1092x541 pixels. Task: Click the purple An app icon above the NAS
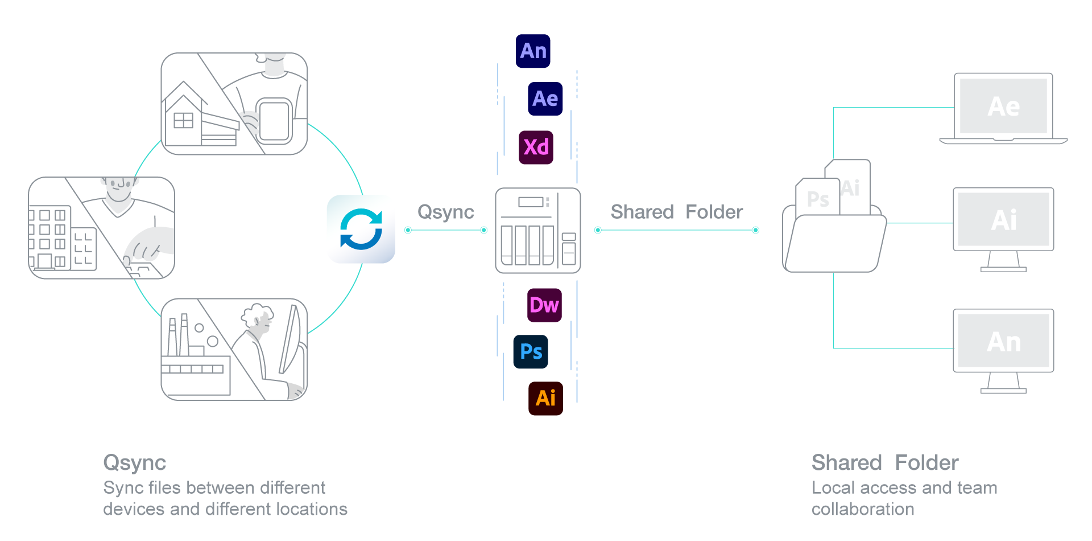[x=533, y=51]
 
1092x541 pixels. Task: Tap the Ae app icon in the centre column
[x=545, y=99]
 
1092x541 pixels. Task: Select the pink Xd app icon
[x=536, y=147]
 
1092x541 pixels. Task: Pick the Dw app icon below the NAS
[x=544, y=305]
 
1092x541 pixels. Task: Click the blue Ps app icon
[x=531, y=351]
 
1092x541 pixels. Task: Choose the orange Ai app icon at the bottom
[x=545, y=398]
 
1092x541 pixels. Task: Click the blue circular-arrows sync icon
[x=361, y=229]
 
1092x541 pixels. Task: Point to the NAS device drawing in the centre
[x=537, y=230]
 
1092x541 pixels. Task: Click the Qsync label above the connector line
[x=445, y=212]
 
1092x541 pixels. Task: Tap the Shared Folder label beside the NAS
[x=676, y=212]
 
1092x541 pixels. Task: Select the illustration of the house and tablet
[x=234, y=104]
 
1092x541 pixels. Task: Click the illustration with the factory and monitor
[x=234, y=349]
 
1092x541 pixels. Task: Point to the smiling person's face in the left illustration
[x=119, y=188]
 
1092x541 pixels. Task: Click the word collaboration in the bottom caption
[x=863, y=509]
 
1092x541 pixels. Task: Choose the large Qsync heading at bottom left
[x=135, y=462]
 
